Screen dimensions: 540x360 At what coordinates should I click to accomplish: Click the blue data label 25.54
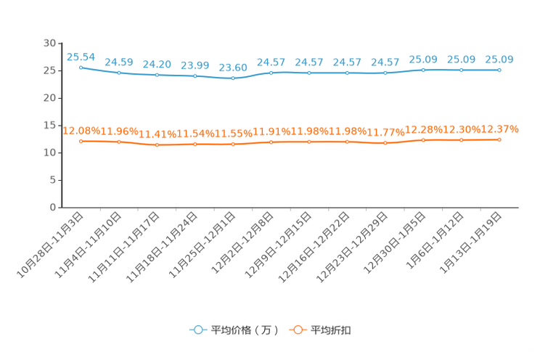[x=81, y=57]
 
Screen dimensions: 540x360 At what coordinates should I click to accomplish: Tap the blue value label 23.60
[x=233, y=67]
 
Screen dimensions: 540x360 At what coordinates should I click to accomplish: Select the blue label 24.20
[x=157, y=65]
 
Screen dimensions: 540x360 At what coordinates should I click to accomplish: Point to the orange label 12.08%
[x=81, y=131]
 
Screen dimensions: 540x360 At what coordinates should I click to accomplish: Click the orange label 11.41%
[x=157, y=134]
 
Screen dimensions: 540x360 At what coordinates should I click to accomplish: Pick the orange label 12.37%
[x=499, y=129]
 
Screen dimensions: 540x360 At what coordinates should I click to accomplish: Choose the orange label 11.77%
[x=385, y=132]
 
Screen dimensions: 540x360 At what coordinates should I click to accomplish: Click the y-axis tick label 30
[x=49, y=43]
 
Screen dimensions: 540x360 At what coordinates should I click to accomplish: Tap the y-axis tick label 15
[x=49, y=126]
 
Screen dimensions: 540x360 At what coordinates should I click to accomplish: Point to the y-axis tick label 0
[x=53, y=208]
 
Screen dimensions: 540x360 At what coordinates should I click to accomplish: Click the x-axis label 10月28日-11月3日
[x=50, y=245]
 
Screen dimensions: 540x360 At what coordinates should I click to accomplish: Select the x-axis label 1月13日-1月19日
[x=470, y=243]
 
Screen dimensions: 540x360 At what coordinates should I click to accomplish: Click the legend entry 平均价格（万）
[x=234, y=330]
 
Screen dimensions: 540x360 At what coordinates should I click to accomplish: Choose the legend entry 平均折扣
[x=320, y=330]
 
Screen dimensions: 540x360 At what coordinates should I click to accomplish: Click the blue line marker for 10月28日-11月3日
[x=81, y=67]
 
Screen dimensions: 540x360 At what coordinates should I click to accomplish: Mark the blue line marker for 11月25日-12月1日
[x=233, y=78]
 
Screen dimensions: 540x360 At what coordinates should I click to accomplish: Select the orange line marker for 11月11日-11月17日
[x=157, y=145]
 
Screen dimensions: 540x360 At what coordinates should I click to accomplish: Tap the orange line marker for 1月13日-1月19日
[x=499, y=140]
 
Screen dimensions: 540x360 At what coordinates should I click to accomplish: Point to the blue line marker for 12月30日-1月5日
[x=423, y=70]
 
